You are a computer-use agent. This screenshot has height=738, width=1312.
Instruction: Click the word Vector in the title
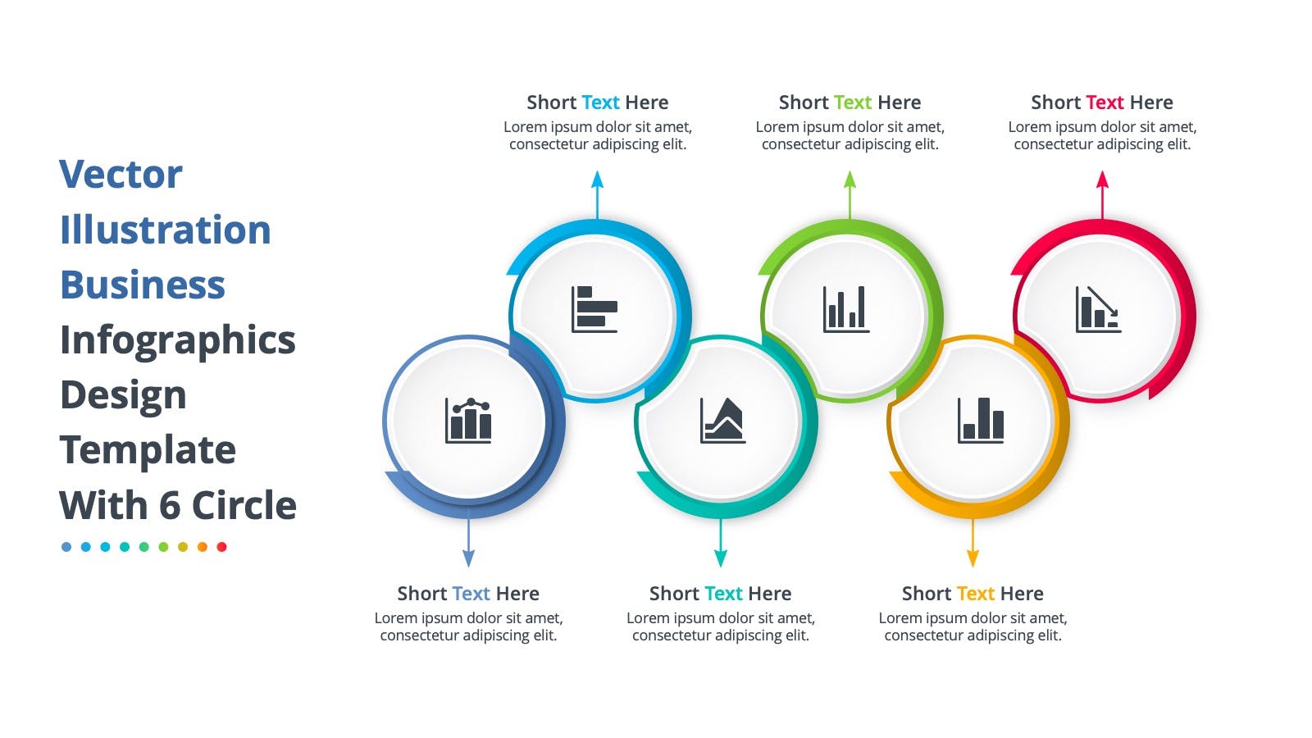121,174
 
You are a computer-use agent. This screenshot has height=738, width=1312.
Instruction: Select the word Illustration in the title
166,229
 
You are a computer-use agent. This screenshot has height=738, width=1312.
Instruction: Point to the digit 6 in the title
169,505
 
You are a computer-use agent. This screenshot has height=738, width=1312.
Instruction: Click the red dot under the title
221,547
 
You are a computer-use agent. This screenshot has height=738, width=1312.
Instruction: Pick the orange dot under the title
202,547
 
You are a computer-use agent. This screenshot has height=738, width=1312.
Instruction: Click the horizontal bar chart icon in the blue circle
594,309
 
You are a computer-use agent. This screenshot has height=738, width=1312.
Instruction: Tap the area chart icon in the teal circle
722,421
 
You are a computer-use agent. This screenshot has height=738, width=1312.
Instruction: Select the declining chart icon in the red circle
1098,309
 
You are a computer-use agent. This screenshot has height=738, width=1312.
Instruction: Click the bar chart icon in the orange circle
981,421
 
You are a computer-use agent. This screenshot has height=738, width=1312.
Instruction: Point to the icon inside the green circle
846,309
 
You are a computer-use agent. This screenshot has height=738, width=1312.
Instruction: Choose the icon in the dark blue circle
468,421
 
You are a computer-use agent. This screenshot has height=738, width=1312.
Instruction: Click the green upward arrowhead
850,180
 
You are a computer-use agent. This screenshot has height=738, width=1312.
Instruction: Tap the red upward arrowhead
1102,180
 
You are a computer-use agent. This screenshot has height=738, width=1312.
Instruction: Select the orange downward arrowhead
973,558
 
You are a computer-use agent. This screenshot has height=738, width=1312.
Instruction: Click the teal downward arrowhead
721,558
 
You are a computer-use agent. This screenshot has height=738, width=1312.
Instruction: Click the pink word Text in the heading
1105,102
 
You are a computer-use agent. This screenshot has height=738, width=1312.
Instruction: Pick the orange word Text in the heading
975,594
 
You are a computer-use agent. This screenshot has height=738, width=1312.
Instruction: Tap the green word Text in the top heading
852,102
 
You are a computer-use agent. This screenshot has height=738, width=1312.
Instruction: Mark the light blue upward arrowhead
598,180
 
